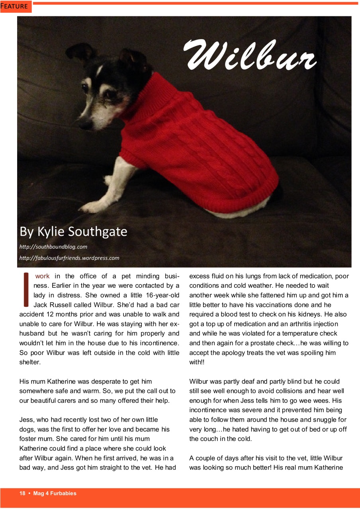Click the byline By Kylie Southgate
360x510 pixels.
73,231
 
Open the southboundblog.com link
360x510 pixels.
53,247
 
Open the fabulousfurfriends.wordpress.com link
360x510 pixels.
69,258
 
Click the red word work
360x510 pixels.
42,276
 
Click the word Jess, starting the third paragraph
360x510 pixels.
26,420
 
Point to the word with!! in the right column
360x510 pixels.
196,362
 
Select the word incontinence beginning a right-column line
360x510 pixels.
207,410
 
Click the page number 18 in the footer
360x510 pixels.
22,493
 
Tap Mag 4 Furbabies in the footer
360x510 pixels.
55,493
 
